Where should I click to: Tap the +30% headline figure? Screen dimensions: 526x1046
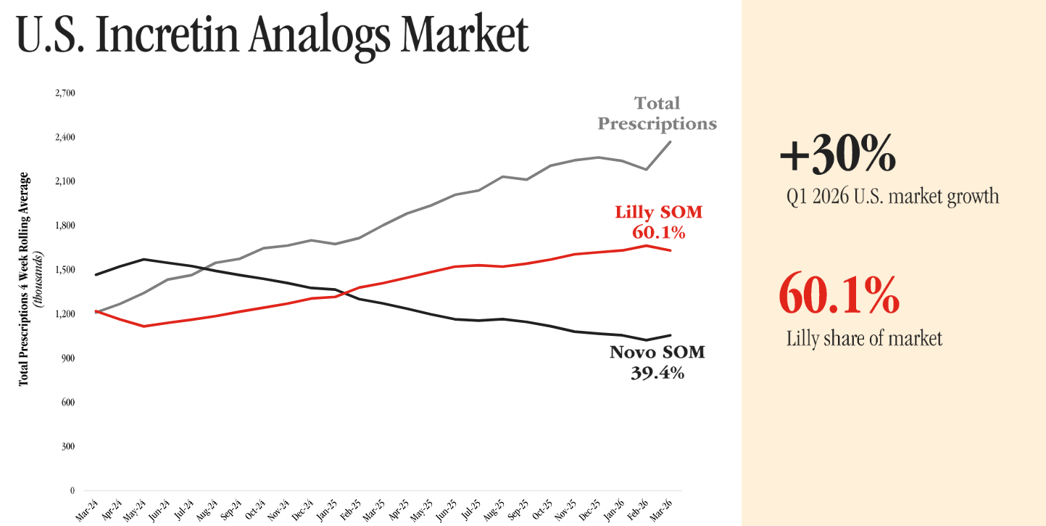(837, 155)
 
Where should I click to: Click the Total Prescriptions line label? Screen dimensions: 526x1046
(657, 113)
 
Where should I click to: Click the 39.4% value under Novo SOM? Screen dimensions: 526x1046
(657, 373)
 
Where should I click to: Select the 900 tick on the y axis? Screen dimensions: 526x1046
(68, 358)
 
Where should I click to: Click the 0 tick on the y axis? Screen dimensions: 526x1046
(72, 491)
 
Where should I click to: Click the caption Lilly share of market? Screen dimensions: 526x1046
(864, 337)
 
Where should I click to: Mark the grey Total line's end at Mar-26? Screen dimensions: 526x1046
(671, 141)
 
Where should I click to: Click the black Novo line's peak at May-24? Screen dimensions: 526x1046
(145, 259)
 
